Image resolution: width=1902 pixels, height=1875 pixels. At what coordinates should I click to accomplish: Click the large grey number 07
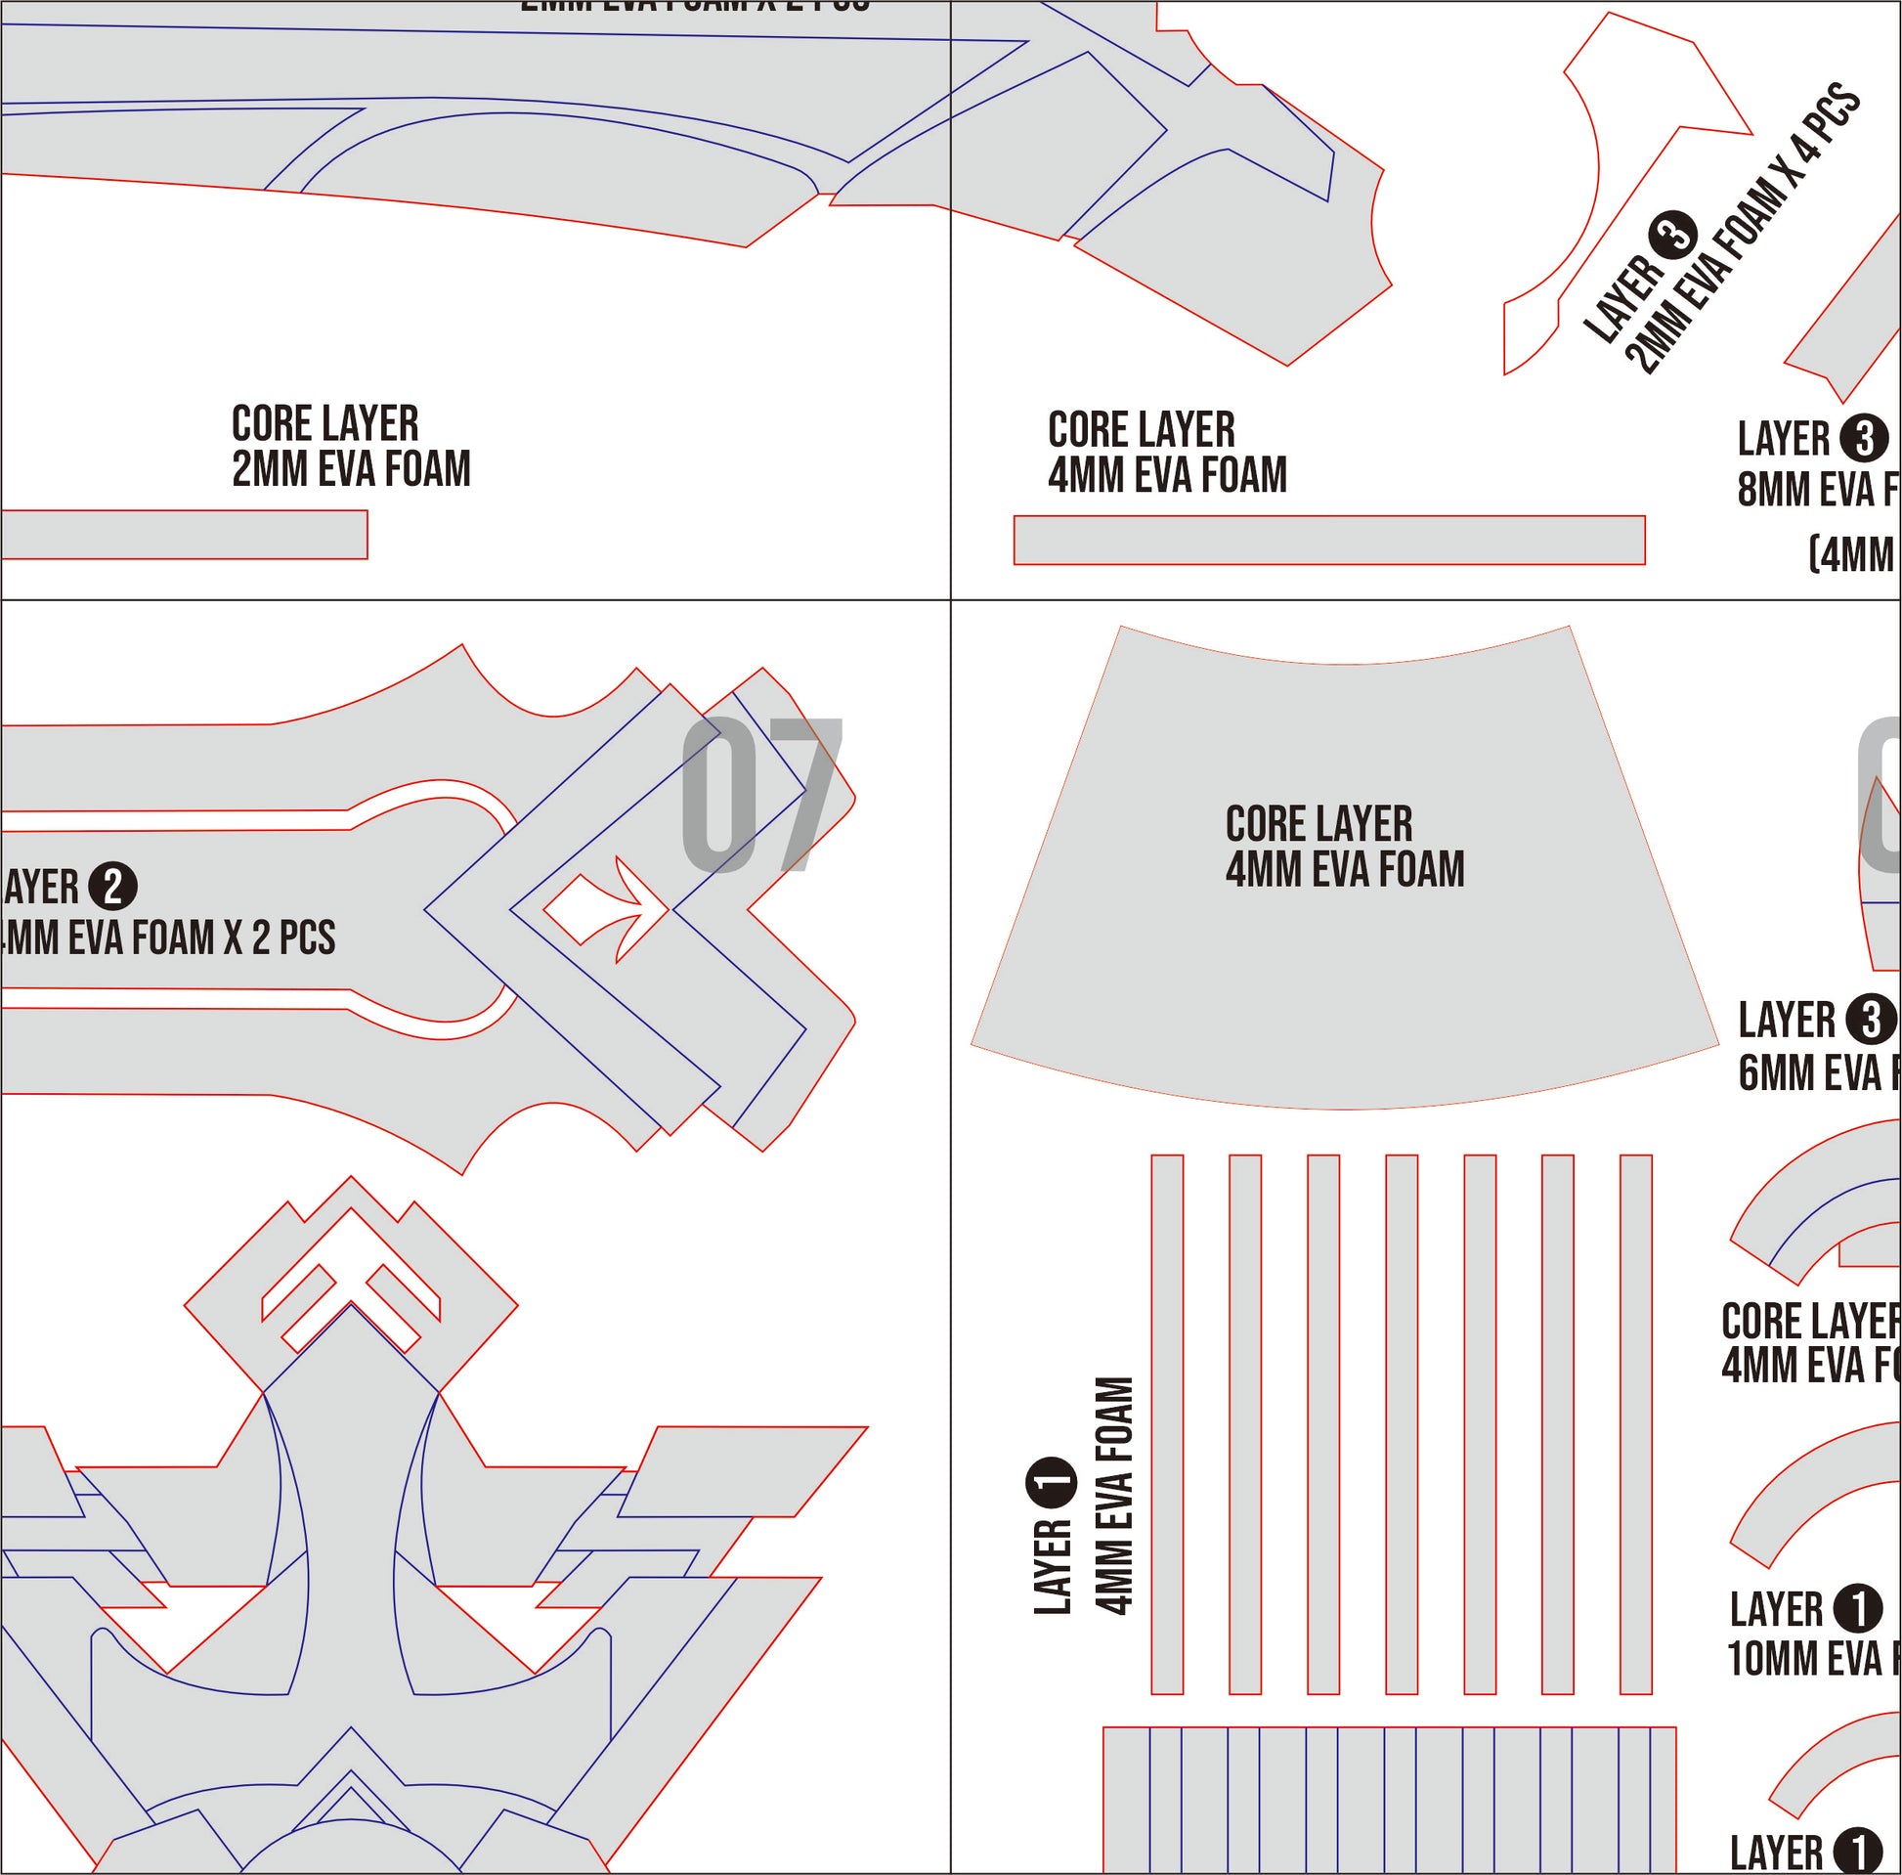click(760, 795)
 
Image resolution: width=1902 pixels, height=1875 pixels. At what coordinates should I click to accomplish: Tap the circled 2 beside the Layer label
click(112, 887)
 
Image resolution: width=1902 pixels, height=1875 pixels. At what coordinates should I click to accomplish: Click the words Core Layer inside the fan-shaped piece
click(1318, 824)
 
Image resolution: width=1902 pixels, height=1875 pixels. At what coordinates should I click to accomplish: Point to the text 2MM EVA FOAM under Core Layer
click(351, 469)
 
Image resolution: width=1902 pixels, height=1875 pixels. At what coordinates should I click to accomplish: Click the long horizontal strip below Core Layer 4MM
click(1329, 540)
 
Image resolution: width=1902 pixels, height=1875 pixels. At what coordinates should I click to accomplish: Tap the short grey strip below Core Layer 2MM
click(183, 535)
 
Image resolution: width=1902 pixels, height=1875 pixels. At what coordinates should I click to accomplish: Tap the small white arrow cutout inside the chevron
click(600, 908)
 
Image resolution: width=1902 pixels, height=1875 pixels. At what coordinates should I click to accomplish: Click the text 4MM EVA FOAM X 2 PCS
click(169, 937)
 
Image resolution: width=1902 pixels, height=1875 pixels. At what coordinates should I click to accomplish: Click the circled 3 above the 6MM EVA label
click(1870, 1020)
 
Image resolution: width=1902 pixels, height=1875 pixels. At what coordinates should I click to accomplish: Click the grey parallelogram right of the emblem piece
click(743, 1471)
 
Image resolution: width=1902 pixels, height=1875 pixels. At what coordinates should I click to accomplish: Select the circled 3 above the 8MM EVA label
click(1864, 437)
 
